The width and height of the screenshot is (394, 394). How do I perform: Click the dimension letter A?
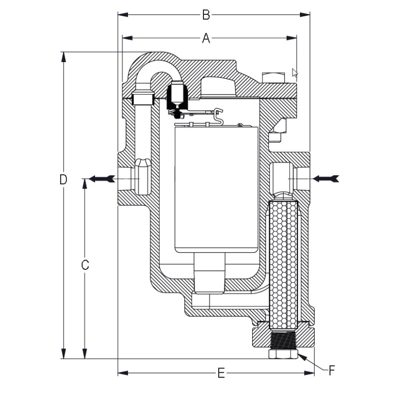pyautogui.click(x=206, y=37)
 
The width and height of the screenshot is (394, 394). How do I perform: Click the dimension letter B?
pyautogui.click(x=206, y=15)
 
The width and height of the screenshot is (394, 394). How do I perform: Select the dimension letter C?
pyautogui.click(x=85, y=265)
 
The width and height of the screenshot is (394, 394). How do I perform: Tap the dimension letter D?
pyautogui.click(x=63, y=179)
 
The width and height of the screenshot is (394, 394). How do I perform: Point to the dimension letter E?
pyautogui.click(x=221, y=373)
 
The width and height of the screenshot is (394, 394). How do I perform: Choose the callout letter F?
pyautogui.click(x=332, y=369)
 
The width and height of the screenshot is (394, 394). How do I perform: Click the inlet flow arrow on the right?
pyautogui.click(x=327, y=178)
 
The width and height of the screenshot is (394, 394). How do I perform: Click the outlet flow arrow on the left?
pyautogui.click(x=101, y=179)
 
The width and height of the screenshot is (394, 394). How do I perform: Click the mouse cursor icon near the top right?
pyautogui.click(x=295, y=73)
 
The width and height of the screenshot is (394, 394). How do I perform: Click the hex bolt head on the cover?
pyautogui.click(x=274, y=78)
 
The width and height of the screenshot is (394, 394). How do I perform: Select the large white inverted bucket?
pyautogui.click(x=217, y=187)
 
